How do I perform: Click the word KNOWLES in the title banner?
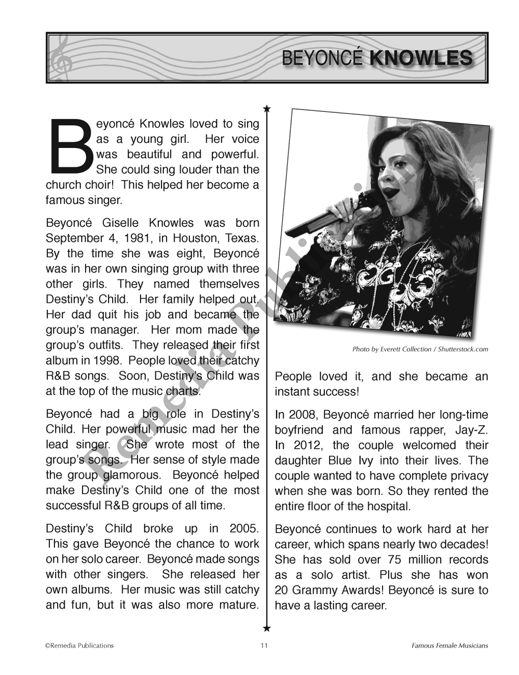click(x=421, y=58)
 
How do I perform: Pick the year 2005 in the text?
click(x=244, y=529)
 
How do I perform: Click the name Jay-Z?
click(x=470, y=430)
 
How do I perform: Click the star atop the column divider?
click(x=267, y=109)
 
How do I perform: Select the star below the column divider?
click(x=267, y=629)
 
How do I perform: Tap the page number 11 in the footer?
click(x=264, y=646)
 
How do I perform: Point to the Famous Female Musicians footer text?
click(x=449, y=646)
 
